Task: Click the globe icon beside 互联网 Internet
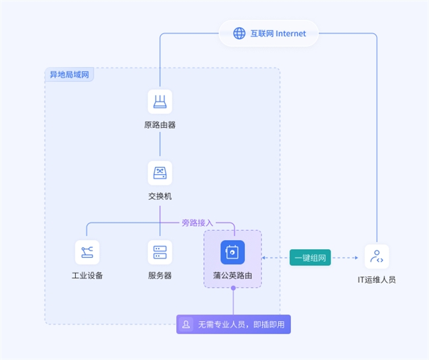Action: tap(239, 33)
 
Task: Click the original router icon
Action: tap(160, 102)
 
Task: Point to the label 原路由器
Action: tap(160, 125)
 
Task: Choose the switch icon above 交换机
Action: tap(160, 173)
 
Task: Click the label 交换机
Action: tap(160, 196)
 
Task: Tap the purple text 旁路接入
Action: tap(197, 223)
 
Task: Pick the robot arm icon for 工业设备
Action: tap(87, 252)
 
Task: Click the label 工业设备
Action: tap(87, 275)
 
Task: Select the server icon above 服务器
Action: tap(160, 252)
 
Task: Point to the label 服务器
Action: tap(160, 275)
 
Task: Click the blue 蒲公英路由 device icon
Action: tap(232, 252)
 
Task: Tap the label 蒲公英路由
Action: tap(232, 275)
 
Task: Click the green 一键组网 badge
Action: tap(310, 257)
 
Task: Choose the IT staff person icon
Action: tap(377, 256)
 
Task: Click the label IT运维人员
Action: tap(377, 280)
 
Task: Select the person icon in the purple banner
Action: tap(187, 324)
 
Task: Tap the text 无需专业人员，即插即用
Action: tap(240, 324)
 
